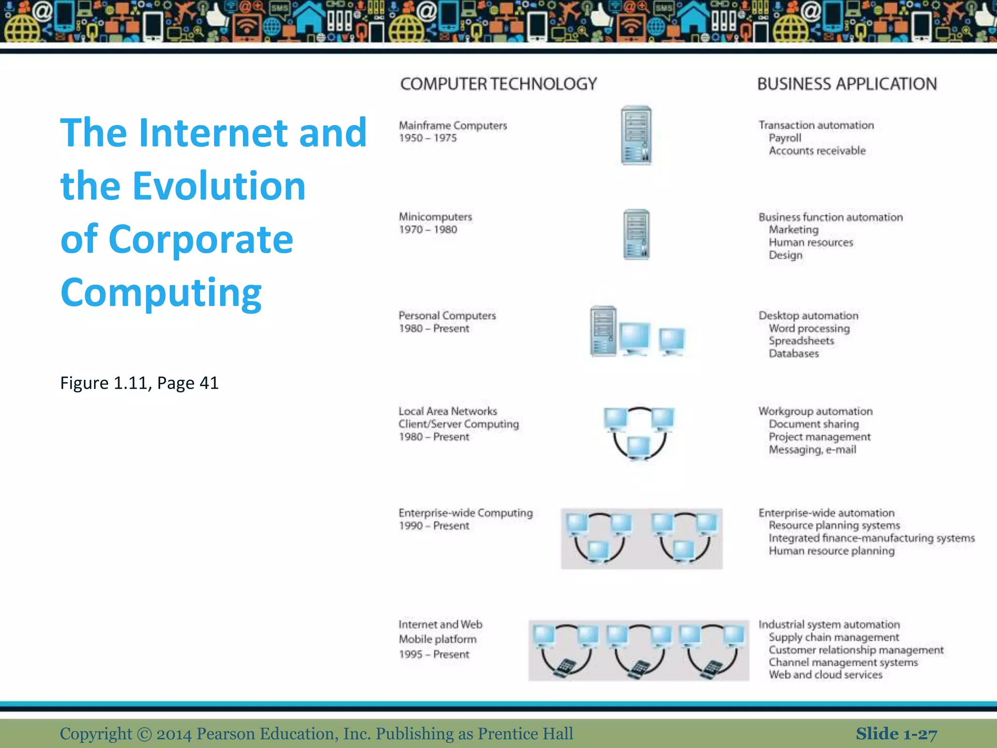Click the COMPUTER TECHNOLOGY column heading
click(498, 84)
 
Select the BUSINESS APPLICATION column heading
click(847, 84)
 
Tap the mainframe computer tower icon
click(636, 135)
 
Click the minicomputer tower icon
click(636, 234)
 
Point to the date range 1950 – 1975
click(428, 138)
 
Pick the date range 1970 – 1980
click(428, 230)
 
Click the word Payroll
click(785, 138)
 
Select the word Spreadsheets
click(801, 341)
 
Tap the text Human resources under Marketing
click(811, 243)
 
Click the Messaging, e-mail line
click(812, 450)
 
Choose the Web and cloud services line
click(826, 675)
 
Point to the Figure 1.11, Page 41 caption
click(139, 383)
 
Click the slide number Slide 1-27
click(896, 734)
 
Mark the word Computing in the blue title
click(161, 293)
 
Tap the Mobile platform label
click(438, 639)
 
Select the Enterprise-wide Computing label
click(465, 513)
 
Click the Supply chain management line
click(834, 637)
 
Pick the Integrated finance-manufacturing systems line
click(871, 538)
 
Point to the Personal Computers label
click(447, 316)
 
